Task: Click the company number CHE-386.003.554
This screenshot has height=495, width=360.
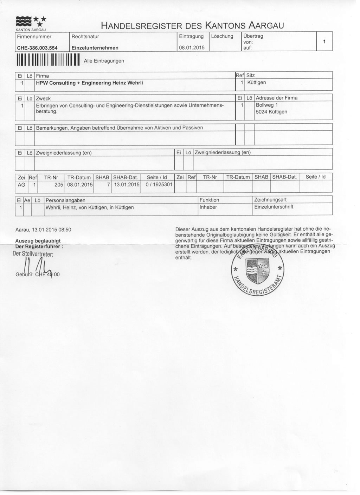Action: coord(37,48)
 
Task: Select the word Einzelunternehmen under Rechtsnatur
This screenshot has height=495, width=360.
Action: coord(95,48)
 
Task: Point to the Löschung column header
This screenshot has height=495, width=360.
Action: coord(222,36)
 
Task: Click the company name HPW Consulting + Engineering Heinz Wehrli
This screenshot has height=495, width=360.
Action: coord(89,83)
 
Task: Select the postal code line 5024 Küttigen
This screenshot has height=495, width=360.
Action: coord(271,112)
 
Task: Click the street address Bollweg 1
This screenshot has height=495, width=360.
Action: coord(267,105)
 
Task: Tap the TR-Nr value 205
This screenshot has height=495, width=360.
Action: coord(59,185)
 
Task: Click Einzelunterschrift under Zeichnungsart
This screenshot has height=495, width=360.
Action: coord(274,207)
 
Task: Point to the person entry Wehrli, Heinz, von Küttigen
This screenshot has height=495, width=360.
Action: coord(89,207)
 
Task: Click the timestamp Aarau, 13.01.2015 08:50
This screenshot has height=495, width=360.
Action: coord(43,230)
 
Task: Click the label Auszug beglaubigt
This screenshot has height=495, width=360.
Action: coord(38,241)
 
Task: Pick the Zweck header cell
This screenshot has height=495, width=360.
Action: coord(44,98)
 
